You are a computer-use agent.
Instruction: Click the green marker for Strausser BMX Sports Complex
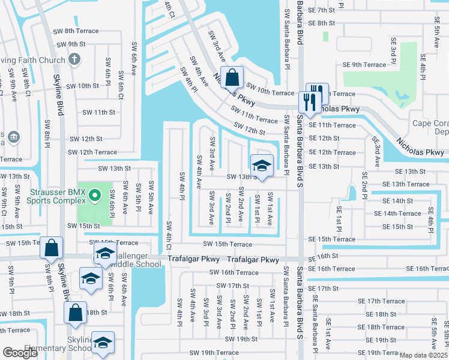coord(94,196)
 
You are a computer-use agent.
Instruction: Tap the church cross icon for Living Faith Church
coord(74,58)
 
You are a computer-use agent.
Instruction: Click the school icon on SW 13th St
coord(261,166)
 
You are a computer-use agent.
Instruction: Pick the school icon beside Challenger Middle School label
coord(104,254)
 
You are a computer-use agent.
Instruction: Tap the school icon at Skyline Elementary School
coord(103,343)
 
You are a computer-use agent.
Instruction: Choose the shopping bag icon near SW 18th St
coord(75,313)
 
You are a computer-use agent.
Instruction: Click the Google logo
coord(20,353)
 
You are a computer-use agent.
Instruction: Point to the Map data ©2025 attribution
coord(423,355)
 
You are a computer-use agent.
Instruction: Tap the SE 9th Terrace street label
coord(364,65)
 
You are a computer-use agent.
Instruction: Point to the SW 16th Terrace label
coord(234,272)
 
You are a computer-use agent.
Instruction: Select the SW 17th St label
coord(232,286)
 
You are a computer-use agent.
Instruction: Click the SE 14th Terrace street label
coord(397,214)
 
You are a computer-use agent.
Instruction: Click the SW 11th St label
coord(98,112)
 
